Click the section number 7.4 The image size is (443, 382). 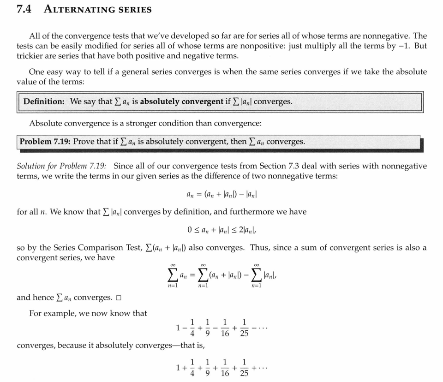24,9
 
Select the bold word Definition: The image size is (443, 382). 44,101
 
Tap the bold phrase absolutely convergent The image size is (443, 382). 181,101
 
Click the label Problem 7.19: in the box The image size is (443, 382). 45,142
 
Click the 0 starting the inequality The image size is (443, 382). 190,229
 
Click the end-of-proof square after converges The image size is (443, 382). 119,298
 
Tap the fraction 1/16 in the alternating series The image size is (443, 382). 225,328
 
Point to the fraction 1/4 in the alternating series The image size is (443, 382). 192,328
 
